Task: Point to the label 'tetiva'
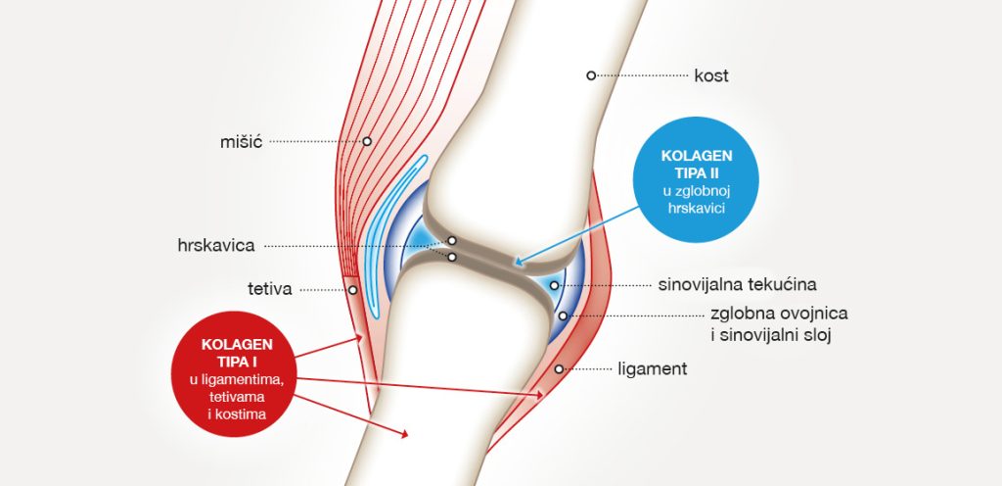click(x=270, y=289)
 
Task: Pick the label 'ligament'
click(x=653, y=369)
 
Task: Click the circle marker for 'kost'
click(x=591, y=74)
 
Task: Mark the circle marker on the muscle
click(x=367, y=141)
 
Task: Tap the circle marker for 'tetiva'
click(x=352, y=290)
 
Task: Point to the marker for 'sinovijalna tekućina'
click(x=555, y=286)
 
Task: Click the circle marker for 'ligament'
click(x=559, y=369)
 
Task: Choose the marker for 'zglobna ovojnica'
click(x=564, y=316)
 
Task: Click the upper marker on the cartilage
click(x=452, y=240)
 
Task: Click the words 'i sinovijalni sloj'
click(x=771, y=335)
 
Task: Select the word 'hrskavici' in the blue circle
click(x=697, y=208)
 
